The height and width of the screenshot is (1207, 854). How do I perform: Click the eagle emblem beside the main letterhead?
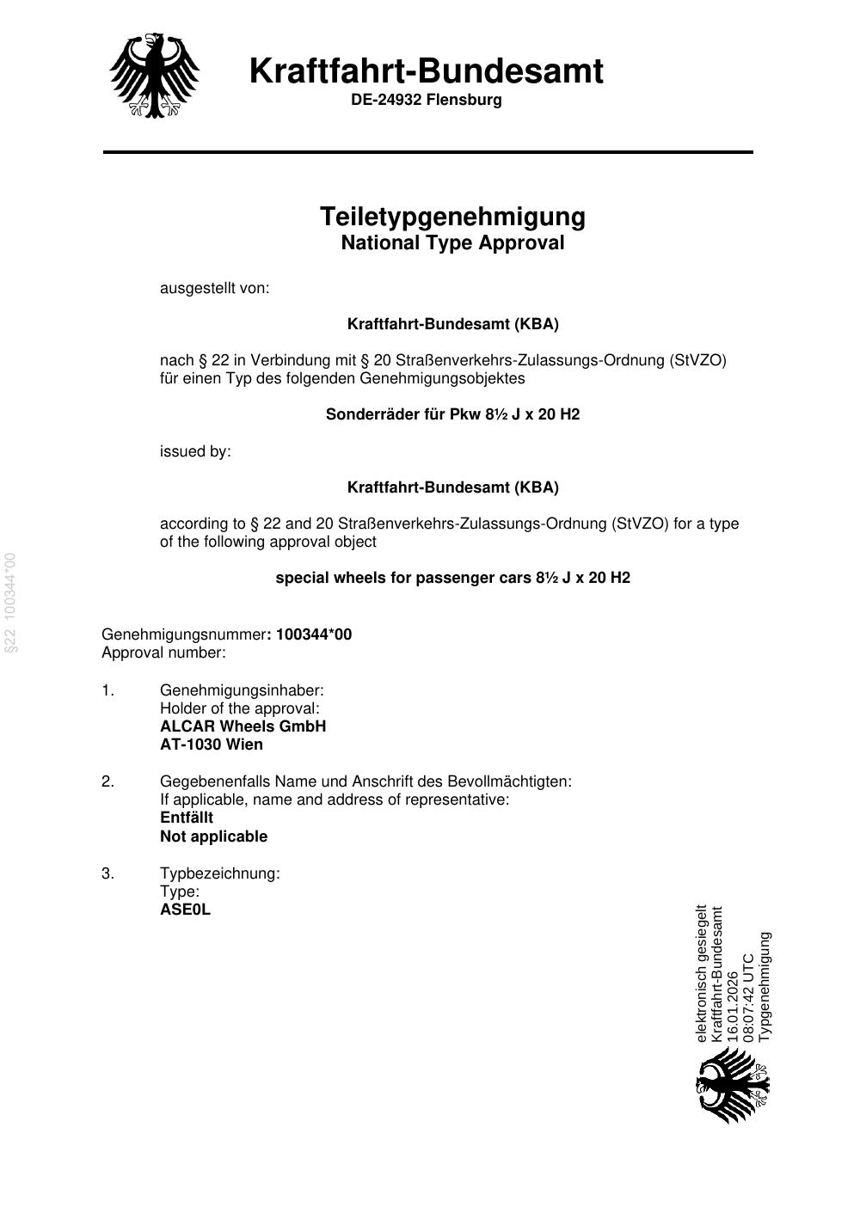click(x=155, y=76)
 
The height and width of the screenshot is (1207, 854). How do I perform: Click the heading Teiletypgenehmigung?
click(x=452, y=216)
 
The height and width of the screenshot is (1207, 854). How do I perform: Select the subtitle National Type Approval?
click(x=452, y=242)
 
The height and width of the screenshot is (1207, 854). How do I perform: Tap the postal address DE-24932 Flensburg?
click(x=426, y=100)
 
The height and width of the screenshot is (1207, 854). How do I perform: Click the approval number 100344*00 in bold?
click(x=314, y=634)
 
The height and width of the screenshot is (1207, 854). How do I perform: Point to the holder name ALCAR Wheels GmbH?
click(x=243, y=726)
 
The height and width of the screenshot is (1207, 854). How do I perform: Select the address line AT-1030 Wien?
click(x=212, y=744)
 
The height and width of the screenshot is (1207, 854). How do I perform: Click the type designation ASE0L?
click(x=185, y=910)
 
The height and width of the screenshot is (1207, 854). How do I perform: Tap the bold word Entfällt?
click(x=187, y=818)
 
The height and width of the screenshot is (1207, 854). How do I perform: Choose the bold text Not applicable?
click(x=213, y=836)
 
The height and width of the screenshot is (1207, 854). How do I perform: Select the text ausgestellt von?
click(x=214, y=288)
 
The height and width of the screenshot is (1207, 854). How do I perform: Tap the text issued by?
click(x=195, y=451)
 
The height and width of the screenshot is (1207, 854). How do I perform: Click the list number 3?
click(x=108, y=873)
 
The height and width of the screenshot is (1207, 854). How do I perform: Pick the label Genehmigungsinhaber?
click(x=242, y=690)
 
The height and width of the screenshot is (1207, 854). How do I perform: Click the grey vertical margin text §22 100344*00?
click(x=11, y=603)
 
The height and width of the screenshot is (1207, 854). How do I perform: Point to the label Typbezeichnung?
click(x=219, y=873)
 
